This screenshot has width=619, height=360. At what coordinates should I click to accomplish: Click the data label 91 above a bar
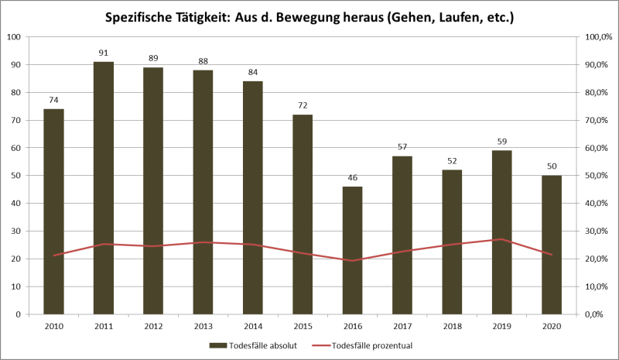click(x=104, y=53)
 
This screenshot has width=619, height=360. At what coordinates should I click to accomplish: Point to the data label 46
click(x=352, y=178)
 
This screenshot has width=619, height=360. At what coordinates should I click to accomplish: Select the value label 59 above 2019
click(x=501, y=142)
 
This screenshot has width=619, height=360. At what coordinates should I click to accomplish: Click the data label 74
click(x=53, y=100)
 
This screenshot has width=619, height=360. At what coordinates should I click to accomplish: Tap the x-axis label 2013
click(x=203, y=326)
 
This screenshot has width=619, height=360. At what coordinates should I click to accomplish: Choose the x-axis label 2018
click(x=452, y=326)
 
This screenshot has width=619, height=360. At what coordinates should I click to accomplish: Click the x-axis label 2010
click(x=53, y=326)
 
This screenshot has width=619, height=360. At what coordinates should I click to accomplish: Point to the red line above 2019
click(x=501, y=239)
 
